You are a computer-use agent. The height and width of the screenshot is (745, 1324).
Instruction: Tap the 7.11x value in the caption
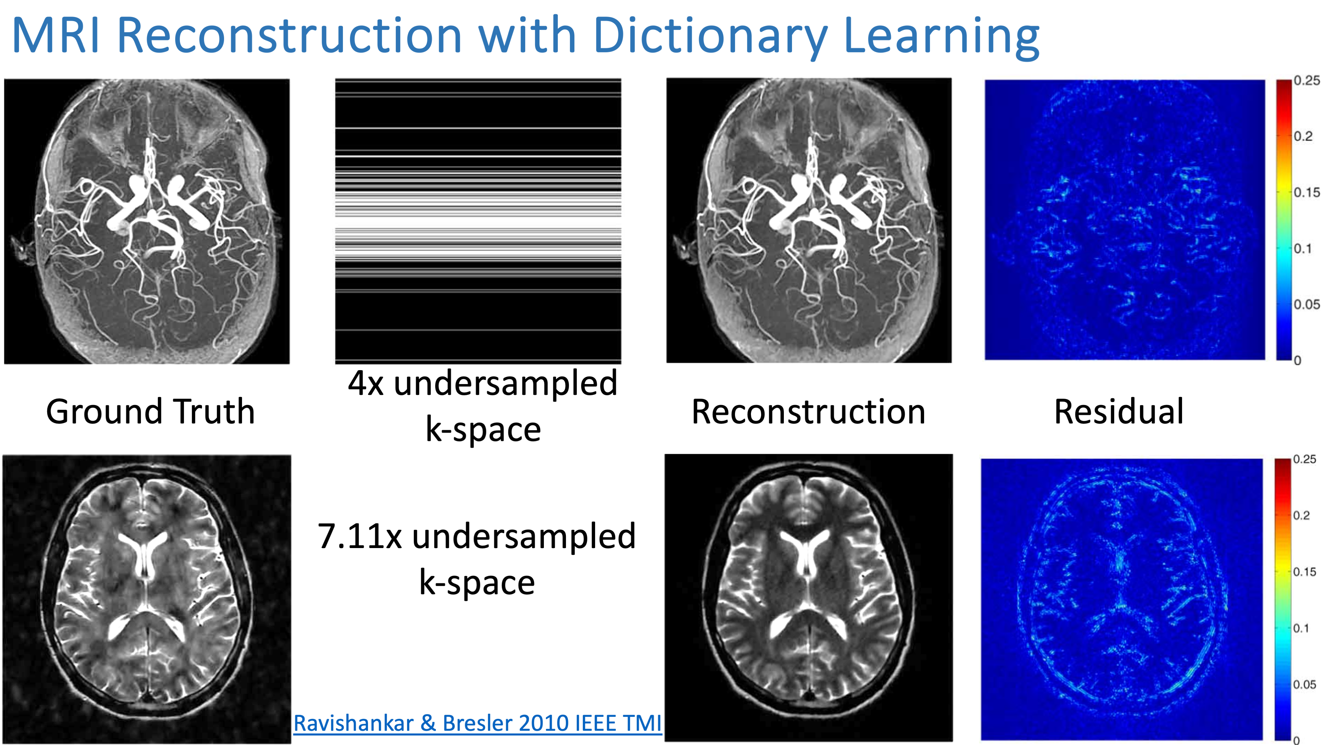pos(360,536)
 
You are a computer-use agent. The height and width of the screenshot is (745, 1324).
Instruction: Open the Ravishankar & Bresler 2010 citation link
pos(477,723)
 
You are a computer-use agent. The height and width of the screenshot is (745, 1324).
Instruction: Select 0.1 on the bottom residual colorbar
pos(1301,628)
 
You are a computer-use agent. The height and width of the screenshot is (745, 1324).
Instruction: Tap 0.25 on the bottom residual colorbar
pos(1304,459)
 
